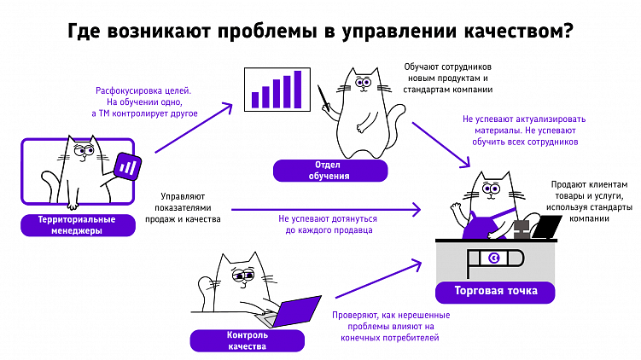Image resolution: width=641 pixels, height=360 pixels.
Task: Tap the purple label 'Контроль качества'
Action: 248,340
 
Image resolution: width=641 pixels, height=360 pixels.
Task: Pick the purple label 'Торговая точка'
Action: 487,291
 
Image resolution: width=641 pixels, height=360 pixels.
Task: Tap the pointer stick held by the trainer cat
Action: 323,103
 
